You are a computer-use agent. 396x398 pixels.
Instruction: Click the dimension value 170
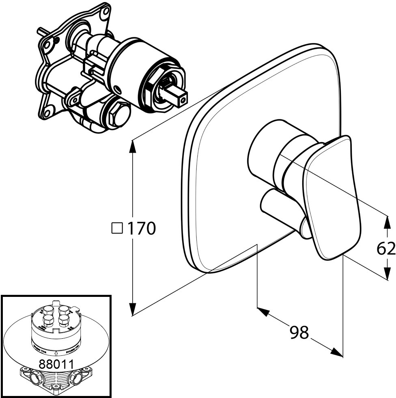pos(142,229)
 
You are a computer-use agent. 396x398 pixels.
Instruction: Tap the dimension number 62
pos(386,248)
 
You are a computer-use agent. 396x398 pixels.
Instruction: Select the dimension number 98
pos(299,333)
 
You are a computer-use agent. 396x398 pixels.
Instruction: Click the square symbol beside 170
pos(117,228)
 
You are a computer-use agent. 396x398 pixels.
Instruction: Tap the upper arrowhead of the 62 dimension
pos(387,223)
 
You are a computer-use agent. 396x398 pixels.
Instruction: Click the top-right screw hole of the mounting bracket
pos(105,11)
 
